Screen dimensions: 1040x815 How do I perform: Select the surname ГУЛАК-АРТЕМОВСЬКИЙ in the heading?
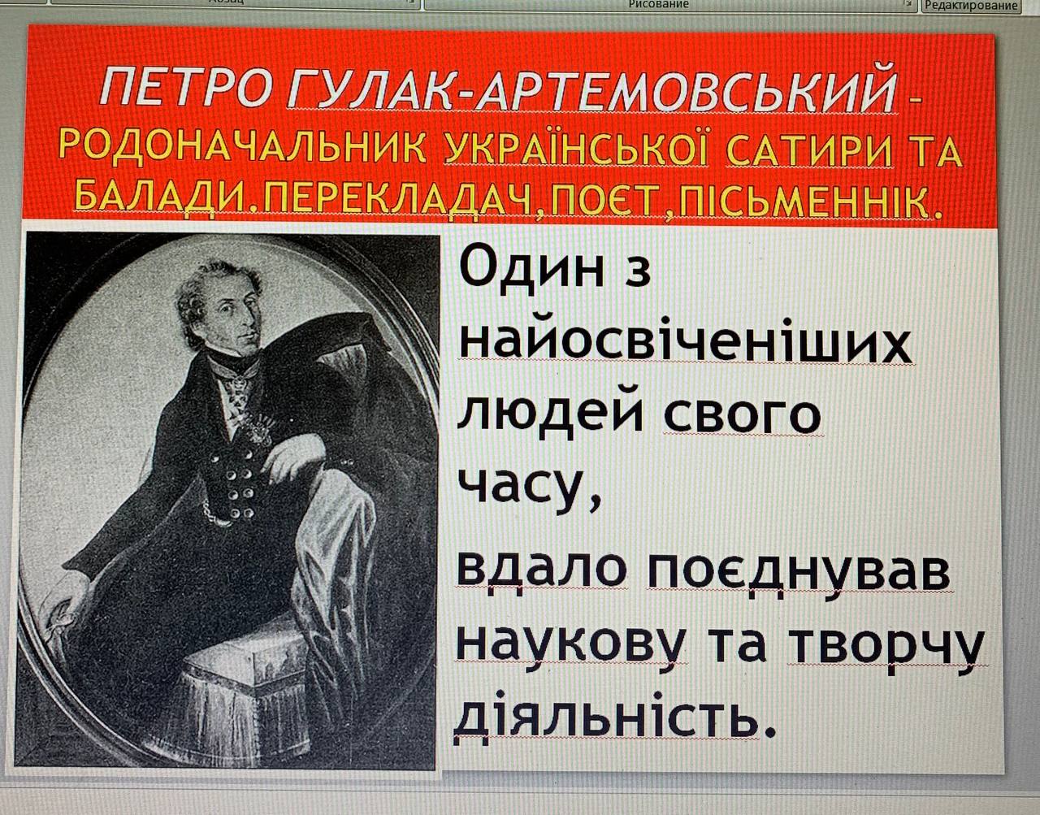(x=591, y=87)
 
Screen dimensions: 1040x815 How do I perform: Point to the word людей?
(x=549, y=416)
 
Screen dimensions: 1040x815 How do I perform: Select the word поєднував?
(x=799, y=572)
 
